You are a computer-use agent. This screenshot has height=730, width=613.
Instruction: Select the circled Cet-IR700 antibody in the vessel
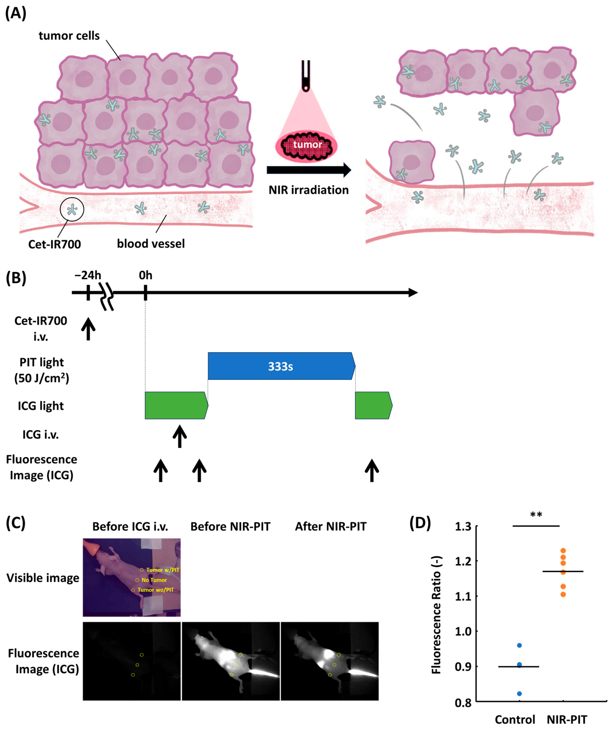72,209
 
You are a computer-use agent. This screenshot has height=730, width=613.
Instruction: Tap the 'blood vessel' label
150,244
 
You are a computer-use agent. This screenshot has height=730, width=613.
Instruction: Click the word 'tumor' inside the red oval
307,144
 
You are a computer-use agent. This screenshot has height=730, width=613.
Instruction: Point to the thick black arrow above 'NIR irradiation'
309,170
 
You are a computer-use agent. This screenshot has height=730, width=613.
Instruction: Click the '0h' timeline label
145,275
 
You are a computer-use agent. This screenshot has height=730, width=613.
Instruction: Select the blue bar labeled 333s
281,366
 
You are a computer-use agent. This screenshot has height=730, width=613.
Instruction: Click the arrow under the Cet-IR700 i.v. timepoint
88,329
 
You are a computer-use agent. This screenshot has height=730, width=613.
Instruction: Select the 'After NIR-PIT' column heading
331,527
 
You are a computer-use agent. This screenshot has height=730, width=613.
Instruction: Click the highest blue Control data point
519,646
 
